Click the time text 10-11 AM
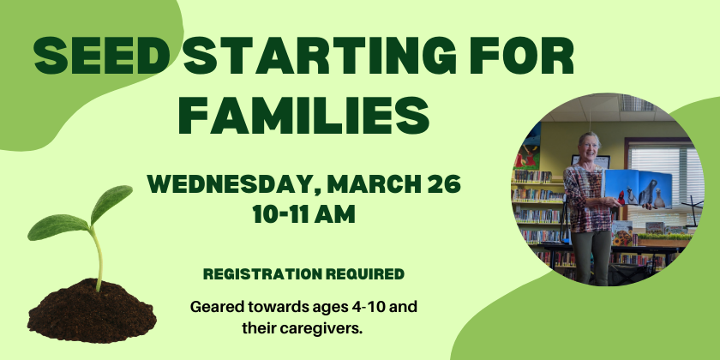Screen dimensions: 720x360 304,214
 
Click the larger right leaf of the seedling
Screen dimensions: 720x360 111,203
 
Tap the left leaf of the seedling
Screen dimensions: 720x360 57,228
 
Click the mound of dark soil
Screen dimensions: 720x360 92,312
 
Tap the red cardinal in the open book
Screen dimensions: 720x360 621,197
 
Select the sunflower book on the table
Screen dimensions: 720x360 621,233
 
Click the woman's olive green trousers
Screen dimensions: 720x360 591,256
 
